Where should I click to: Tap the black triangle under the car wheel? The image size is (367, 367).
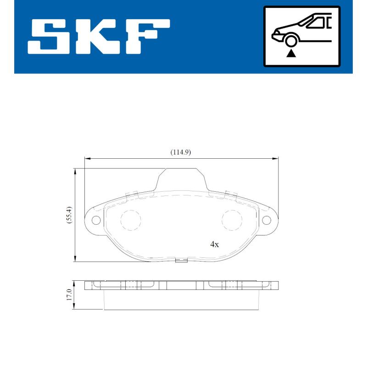(291, 54)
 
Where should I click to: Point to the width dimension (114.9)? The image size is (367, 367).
(180, 152)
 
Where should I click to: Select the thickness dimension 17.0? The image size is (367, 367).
(69, 295)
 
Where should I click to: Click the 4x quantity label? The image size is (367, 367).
(214, 245)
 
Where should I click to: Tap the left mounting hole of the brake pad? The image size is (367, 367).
(96, 220)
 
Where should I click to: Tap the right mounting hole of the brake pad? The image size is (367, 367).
(266, 220)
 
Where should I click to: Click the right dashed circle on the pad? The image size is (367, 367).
(232, 220)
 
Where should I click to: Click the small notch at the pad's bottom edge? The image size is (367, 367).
(182, 261)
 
